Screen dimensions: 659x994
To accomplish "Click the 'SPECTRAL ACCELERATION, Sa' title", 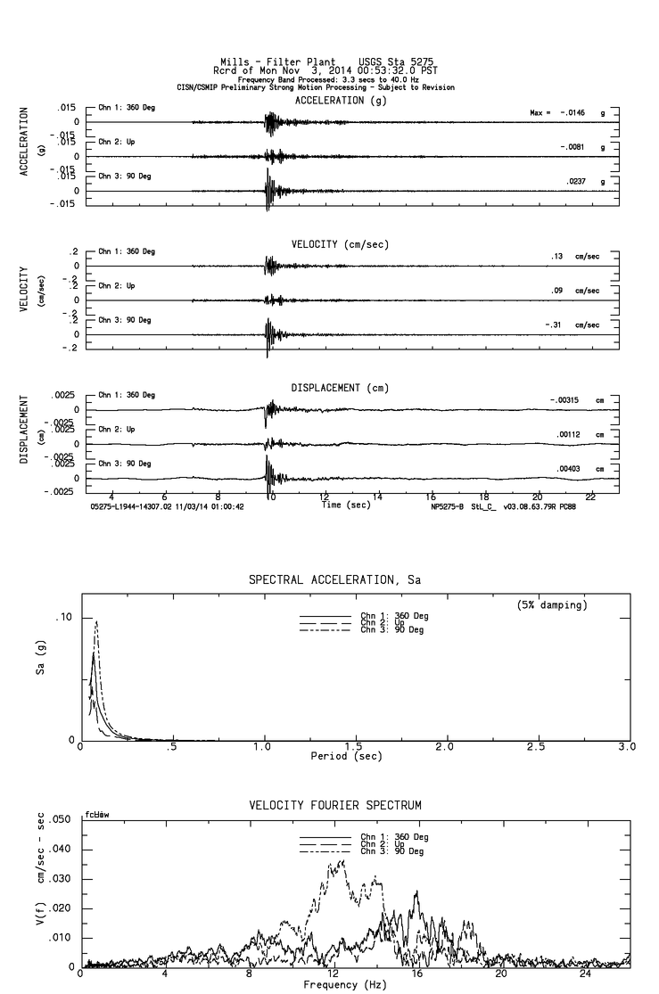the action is [x=334, y=579].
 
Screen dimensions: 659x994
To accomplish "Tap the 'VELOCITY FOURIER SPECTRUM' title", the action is [x=334, y=805].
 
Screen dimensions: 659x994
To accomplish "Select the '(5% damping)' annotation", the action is [x=552, y=604].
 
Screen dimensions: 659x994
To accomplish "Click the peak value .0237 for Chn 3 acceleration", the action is [x=576, y=181].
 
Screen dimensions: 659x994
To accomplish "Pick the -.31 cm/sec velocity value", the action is [x=553, y=324].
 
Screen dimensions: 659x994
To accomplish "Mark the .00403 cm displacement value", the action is [x=568, y=469].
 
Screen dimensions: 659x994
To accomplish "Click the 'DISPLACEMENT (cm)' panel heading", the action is [x=340, y=388].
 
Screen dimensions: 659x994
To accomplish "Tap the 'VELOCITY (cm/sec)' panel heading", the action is [x=340, y=244].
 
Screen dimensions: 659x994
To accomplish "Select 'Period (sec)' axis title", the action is [x=346, y=756].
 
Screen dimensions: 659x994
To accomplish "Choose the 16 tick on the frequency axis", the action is [x=416, y=973].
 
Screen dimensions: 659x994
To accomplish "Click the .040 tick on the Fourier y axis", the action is [x=61, y=849].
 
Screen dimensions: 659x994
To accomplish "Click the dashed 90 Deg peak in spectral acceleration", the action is [x=95, y=621].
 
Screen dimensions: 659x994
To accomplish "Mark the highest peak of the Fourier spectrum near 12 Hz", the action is [x=343, y=860].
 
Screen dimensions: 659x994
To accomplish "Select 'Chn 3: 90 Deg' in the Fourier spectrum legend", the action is [x=392, y=851].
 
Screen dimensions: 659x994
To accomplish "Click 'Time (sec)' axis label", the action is [x=346, y=505].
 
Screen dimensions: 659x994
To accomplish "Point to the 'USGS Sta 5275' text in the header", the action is [x=396, y=62].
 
